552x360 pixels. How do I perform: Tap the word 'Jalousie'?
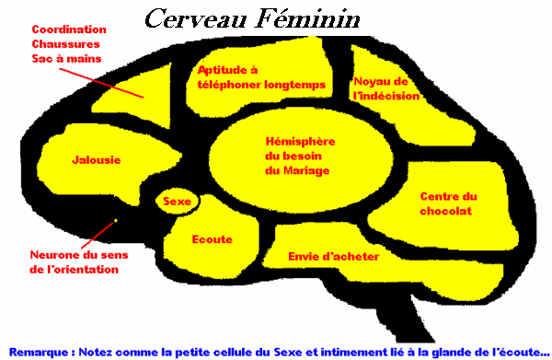click(96, 160)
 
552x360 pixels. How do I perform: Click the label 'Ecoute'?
click(212, 239)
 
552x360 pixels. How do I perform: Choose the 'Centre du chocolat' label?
click(448, 203)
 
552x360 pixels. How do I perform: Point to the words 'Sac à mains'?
click(64, 59)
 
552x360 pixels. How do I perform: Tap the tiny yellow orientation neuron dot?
click(116, 221)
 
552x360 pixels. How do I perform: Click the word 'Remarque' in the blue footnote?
click(37, 351)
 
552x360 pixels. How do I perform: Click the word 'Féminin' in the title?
click(312, 18)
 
